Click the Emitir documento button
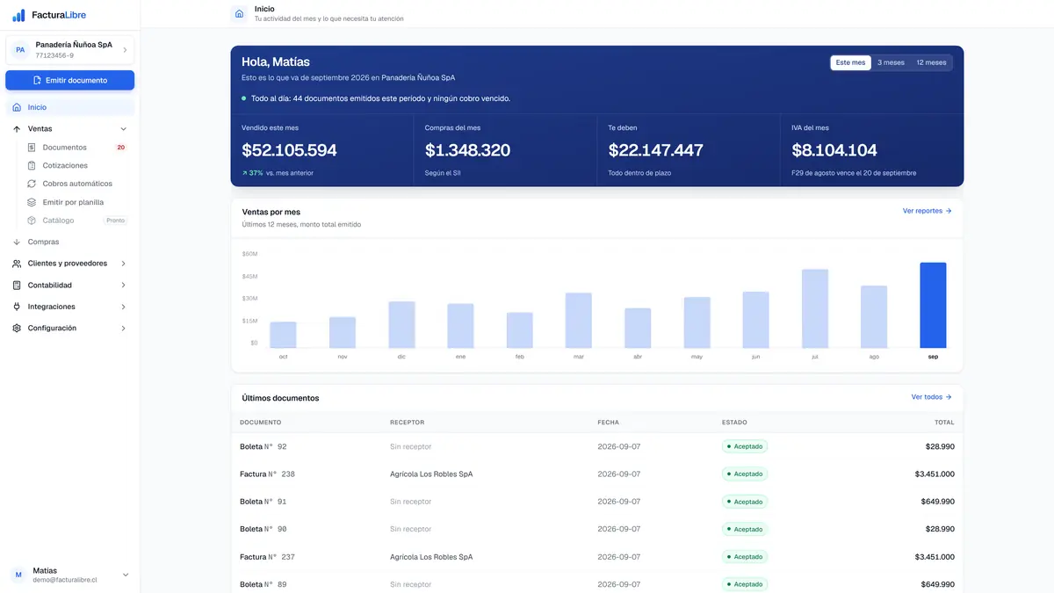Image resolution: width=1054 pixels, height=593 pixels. (69, 80)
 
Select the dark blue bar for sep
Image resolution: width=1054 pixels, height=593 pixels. (933, 305)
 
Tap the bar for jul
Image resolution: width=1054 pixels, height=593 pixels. (814, 308)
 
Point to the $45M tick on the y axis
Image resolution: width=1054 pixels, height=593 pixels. (249, 276)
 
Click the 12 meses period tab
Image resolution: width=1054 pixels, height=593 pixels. (931, 62)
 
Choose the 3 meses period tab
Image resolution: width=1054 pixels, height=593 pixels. (891, 62)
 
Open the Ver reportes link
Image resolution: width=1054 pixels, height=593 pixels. (927, 211)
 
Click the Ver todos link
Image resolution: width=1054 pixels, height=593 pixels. (931, 397)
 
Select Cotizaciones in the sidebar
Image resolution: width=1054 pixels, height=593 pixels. (65, 165)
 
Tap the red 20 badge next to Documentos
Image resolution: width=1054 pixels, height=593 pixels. (121, 148)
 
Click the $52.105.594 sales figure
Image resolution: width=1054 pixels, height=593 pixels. (289, 150)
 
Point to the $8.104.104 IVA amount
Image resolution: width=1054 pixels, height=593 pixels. (834, 150)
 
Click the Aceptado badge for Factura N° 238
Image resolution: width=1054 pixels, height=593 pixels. (745, 474)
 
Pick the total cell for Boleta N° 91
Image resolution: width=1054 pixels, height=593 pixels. (937, 502)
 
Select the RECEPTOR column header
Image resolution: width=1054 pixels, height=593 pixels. (407, 423)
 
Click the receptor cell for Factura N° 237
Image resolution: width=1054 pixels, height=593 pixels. (431, 557)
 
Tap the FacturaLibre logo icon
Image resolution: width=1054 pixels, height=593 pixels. (18, 15)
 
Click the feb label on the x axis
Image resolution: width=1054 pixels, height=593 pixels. (519, 357)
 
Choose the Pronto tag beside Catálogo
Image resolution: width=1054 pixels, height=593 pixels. (115, 221)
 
